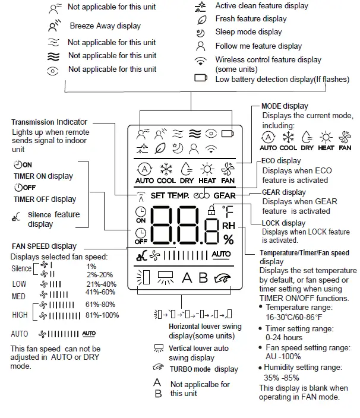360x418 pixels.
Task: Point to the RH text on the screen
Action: [x=229, y=226]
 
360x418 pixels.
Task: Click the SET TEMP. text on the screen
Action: [x=170, y=195]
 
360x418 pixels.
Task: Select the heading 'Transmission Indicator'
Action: [x=50, y=122]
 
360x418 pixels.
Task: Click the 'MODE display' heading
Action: [x=285, y=106]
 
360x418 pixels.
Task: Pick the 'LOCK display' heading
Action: [x=284, y=223]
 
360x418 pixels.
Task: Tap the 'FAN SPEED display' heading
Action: [x=44, y=246]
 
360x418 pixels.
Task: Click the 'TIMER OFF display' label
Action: [x=45, y=199]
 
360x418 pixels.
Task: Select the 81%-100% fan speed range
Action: [x=102, y=315]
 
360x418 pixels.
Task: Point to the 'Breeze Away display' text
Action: [x=105, y=26]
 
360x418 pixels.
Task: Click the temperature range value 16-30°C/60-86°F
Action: [x=295, y=317]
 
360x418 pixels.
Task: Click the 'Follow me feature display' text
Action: [x=258, y=46]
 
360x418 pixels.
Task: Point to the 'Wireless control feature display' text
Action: [x=268, y=60]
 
